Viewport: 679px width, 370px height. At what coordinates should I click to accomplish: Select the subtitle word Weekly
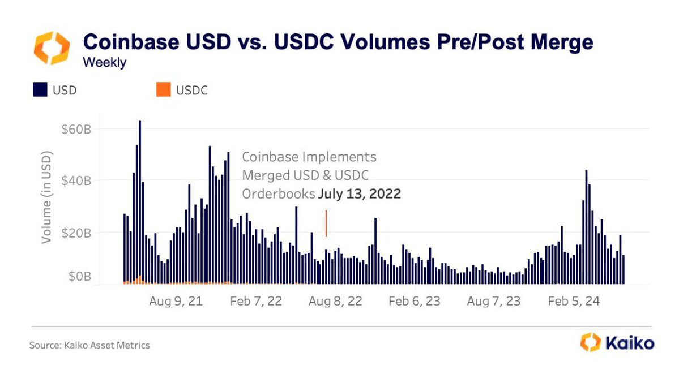pyautogui.click(x=104, y=63)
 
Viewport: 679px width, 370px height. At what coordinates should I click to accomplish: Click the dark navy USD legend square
pyautogui.click(x=40, y=90)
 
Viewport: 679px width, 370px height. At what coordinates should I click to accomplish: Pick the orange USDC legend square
pyautogui.click(x=163, y=90)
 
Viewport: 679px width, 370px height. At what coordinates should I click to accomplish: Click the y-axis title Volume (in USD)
pyautogui.click(x=47, y=197)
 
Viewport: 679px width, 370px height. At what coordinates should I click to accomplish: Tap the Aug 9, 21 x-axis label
pyautogui.click(x=176, y=302)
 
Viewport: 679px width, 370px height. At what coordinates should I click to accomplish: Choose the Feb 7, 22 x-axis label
pyautogui.click(x=256, y=302)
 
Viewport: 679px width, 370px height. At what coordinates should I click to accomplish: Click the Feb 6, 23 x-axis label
pyautogui.click(x=415, y=302)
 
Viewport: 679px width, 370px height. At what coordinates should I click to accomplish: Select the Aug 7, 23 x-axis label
pyautogui.click(x=494, y=302)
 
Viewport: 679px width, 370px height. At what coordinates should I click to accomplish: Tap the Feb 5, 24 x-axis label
pyautogui.click(x=574, y=302)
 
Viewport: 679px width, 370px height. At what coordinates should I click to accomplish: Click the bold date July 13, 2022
pyautogui.click(x=359, y=194)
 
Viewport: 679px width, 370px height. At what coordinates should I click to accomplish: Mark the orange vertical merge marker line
pyautogui.click(x=326, y=223)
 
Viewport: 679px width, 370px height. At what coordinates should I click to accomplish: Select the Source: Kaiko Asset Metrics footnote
pyautogui.click(x=89, y=344)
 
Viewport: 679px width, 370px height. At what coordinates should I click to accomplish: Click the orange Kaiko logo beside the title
pyautogui.click(x=52, y=48)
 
